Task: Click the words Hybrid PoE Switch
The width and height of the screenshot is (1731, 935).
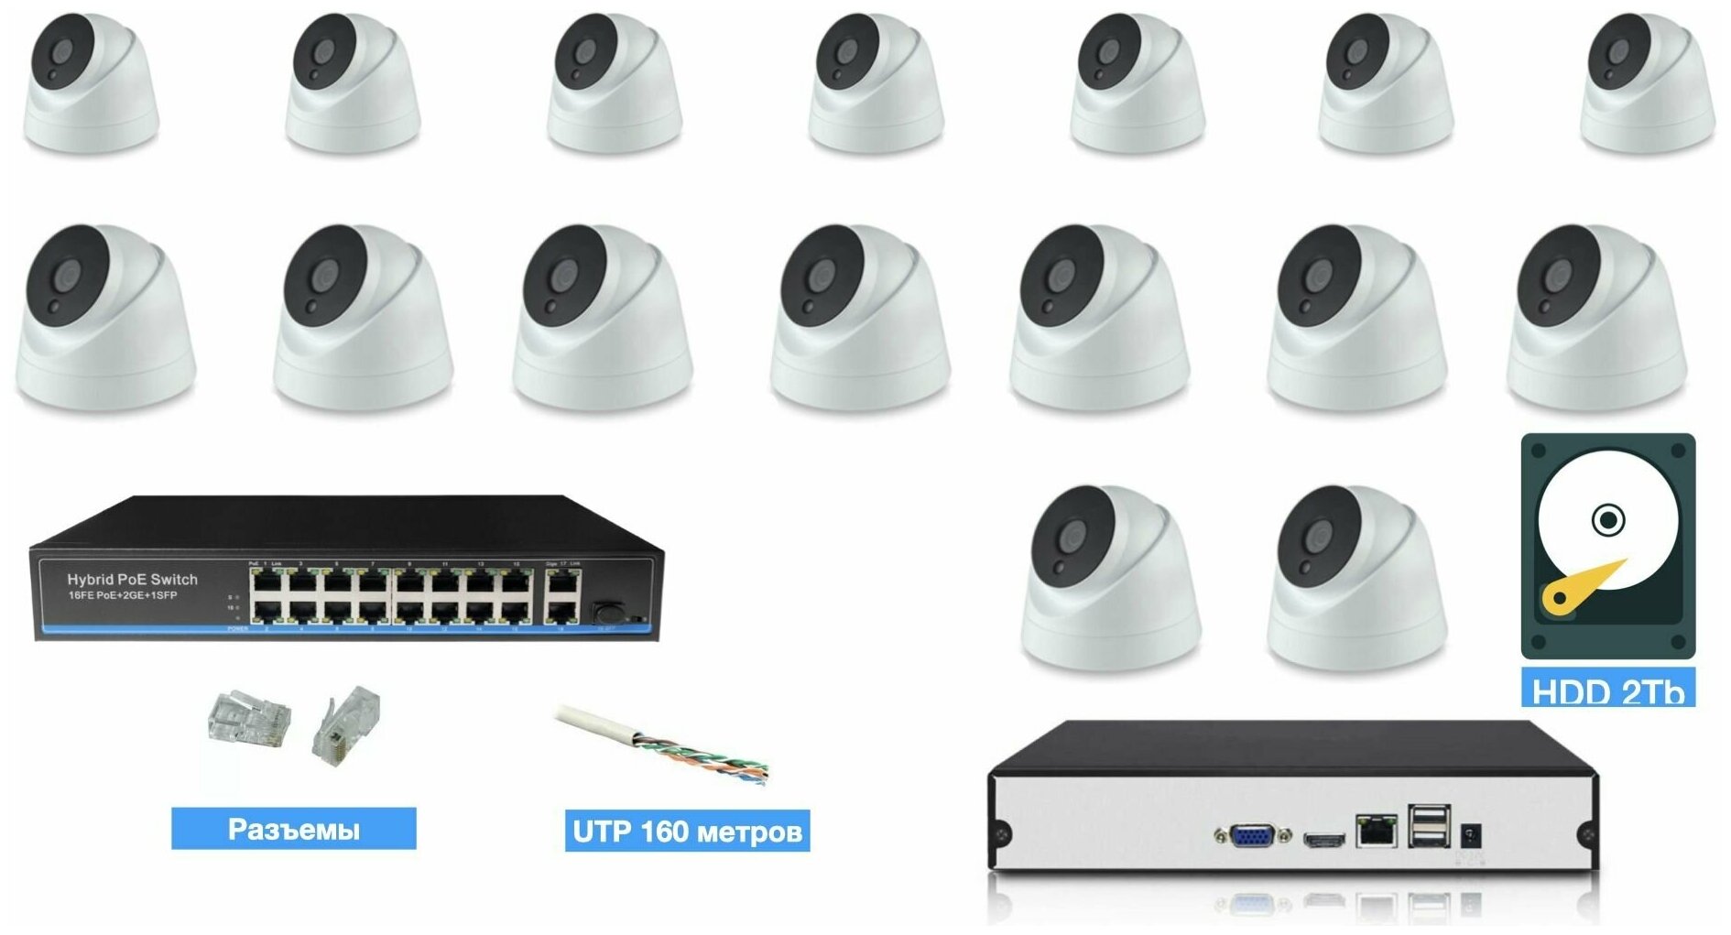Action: [x=132, y=579]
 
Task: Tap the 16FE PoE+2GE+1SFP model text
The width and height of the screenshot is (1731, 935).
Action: [x=123, y=596]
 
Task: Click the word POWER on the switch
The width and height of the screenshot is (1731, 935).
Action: [x=236, y=629]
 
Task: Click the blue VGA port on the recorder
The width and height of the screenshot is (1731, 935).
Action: [x=1252, y=834]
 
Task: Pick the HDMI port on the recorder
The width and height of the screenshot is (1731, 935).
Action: [x=1323, y=838]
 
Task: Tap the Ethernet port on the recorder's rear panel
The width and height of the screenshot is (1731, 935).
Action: [x=1376, y=830]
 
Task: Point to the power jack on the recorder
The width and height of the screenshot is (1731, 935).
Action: [x=1470, y=834]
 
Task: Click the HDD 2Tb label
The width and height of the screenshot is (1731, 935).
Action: [x=1607, y=690]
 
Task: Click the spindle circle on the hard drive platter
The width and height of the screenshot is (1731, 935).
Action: [x=1608, y=520]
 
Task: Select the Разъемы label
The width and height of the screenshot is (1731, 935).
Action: [x=293, y=829]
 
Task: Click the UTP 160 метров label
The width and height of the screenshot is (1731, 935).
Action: [x=687, y=832]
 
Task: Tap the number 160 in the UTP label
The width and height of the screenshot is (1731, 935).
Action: [x=664, y=832]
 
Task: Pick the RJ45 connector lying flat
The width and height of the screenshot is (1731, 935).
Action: [x=248, y=719]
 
